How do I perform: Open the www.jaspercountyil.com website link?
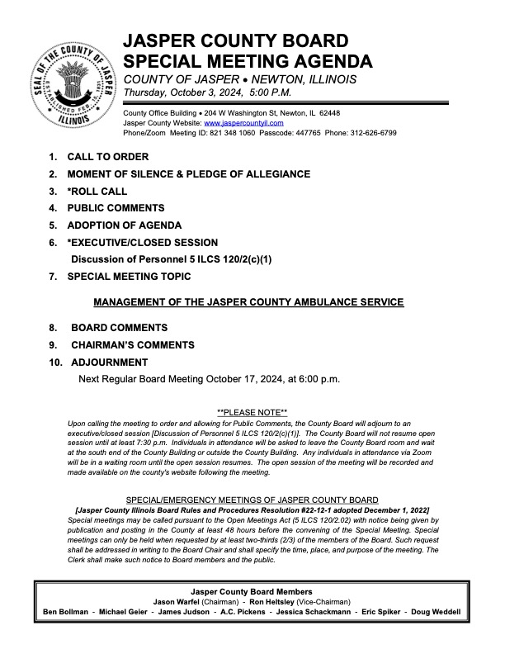[x=238, y=122]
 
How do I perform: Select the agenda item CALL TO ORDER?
[x=108, y=157]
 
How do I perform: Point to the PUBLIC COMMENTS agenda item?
[x=116, y=209]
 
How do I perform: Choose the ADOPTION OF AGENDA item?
[x=125, y=225]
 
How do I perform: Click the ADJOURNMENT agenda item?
[x=110, y=363]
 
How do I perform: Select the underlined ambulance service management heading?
[x=248, y=302]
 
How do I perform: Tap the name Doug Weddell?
[x=437, y=612]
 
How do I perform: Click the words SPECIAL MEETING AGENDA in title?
[x=248, y=60]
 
